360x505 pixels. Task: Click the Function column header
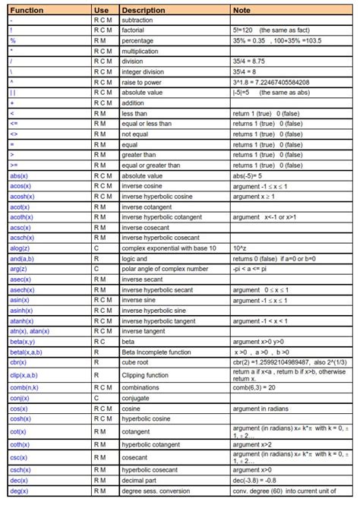(x=27, y=11)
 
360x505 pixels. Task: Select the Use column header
(x=101, y=11)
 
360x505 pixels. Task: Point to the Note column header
(x=242, y=11)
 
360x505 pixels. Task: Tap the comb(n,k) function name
(x=26, y=387)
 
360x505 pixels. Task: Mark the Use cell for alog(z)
(x=96, y=248)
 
